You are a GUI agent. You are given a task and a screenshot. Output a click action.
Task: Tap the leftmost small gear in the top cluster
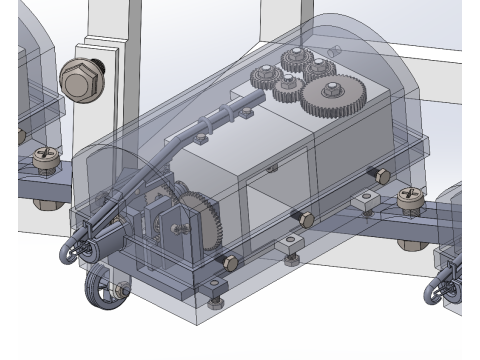click(x=265, y=77)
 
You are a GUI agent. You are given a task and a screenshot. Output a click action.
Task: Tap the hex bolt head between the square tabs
click(x=306, y=219)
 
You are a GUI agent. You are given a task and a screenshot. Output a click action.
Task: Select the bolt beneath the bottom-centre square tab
click(x=290, y=262)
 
